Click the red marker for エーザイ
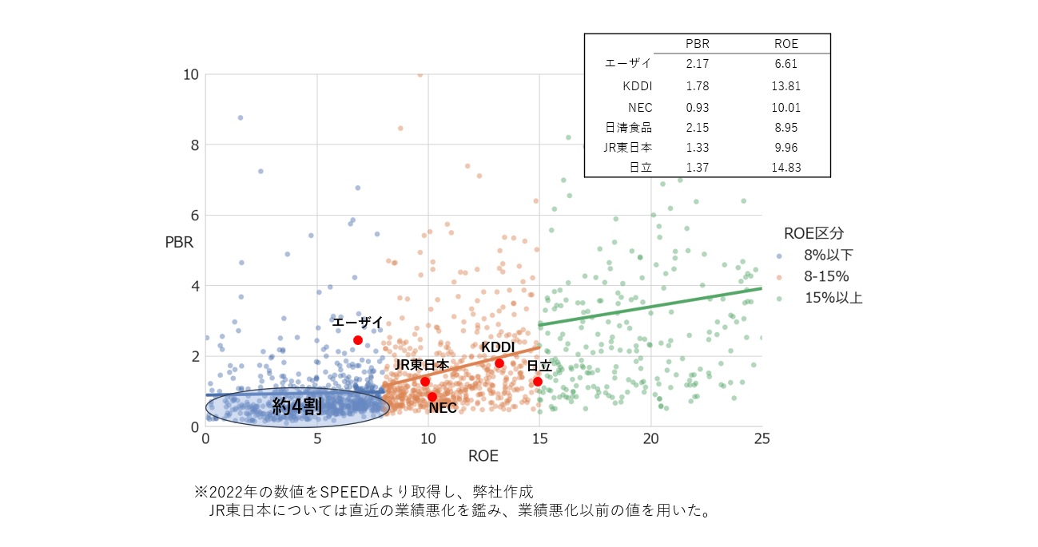coord(358,340)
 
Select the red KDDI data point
coord(499,363)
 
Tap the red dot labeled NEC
coord(432,397)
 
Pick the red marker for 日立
coord(538,382)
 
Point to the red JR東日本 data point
coord(425,382)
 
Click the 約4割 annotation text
coord(296,406)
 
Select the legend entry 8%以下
coord(825,256)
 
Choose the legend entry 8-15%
coord(825,277)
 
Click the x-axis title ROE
coord(483,457)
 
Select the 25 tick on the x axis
coord(762,439)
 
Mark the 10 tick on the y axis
coord(190,75)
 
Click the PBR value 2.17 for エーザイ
coord(697,64)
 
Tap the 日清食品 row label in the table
coord(629,127)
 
